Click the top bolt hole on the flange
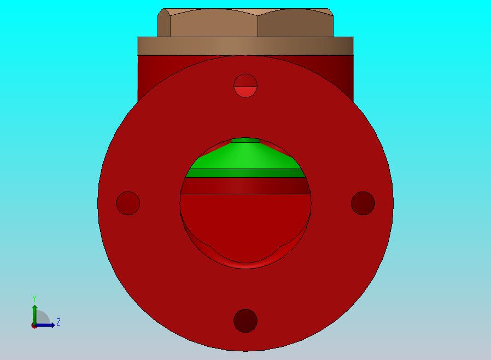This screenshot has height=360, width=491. click(245, 85)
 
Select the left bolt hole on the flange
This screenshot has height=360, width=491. click(128, 203)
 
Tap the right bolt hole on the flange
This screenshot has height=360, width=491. click(363, 203)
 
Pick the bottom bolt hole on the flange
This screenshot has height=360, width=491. click(245, 321)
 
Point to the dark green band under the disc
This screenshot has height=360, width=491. click(245, 173)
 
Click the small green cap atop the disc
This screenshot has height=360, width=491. click(245, 140)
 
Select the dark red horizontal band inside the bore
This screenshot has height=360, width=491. click(245, 186)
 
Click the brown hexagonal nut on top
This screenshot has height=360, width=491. click(245, 22)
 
